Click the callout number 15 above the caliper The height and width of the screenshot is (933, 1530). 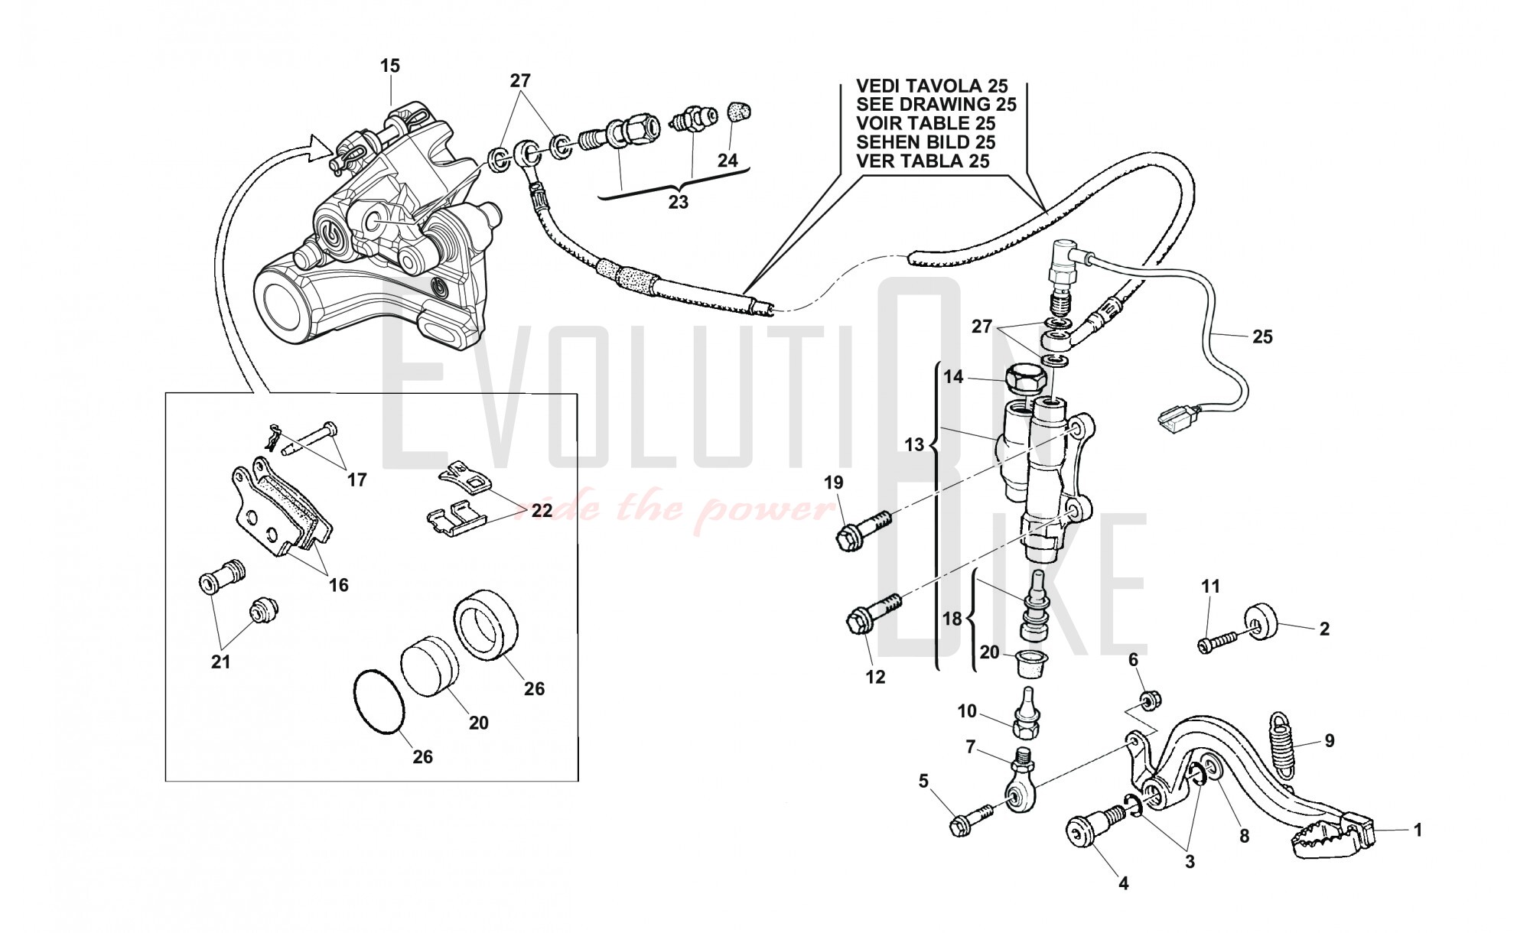(x=390, y=67)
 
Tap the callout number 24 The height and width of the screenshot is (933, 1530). (x=728, y=161)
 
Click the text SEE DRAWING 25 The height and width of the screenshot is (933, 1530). (x=936, y=105)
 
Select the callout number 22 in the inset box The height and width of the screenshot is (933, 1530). (x=542, y=510)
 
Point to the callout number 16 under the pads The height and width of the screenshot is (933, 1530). (x=338, y=585)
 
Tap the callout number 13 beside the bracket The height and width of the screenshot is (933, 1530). (x=914, y=444)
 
